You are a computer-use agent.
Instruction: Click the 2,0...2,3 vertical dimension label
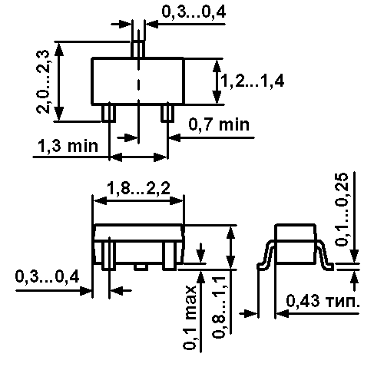43,81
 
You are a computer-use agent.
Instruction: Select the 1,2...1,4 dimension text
253,81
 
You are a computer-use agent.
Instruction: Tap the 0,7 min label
219,124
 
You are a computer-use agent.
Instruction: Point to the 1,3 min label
68,146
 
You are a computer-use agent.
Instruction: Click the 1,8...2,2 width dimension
138,189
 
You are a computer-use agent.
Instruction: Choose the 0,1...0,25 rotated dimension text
342,210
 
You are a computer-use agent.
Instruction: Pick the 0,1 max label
190,317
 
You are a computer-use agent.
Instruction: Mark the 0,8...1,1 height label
218,307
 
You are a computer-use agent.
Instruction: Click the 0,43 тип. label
323,301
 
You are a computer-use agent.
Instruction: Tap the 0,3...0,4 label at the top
194,12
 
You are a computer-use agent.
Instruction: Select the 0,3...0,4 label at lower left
47,276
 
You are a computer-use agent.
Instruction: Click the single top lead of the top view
138,49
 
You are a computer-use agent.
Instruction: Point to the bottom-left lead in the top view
109,113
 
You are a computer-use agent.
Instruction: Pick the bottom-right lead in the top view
167,113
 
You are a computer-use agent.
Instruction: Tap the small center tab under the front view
141,266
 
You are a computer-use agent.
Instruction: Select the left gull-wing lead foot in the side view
262,266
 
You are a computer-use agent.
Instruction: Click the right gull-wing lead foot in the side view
329,266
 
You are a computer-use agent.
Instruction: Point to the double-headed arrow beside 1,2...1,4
217,81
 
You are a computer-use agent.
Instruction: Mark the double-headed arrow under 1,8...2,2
138,200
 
